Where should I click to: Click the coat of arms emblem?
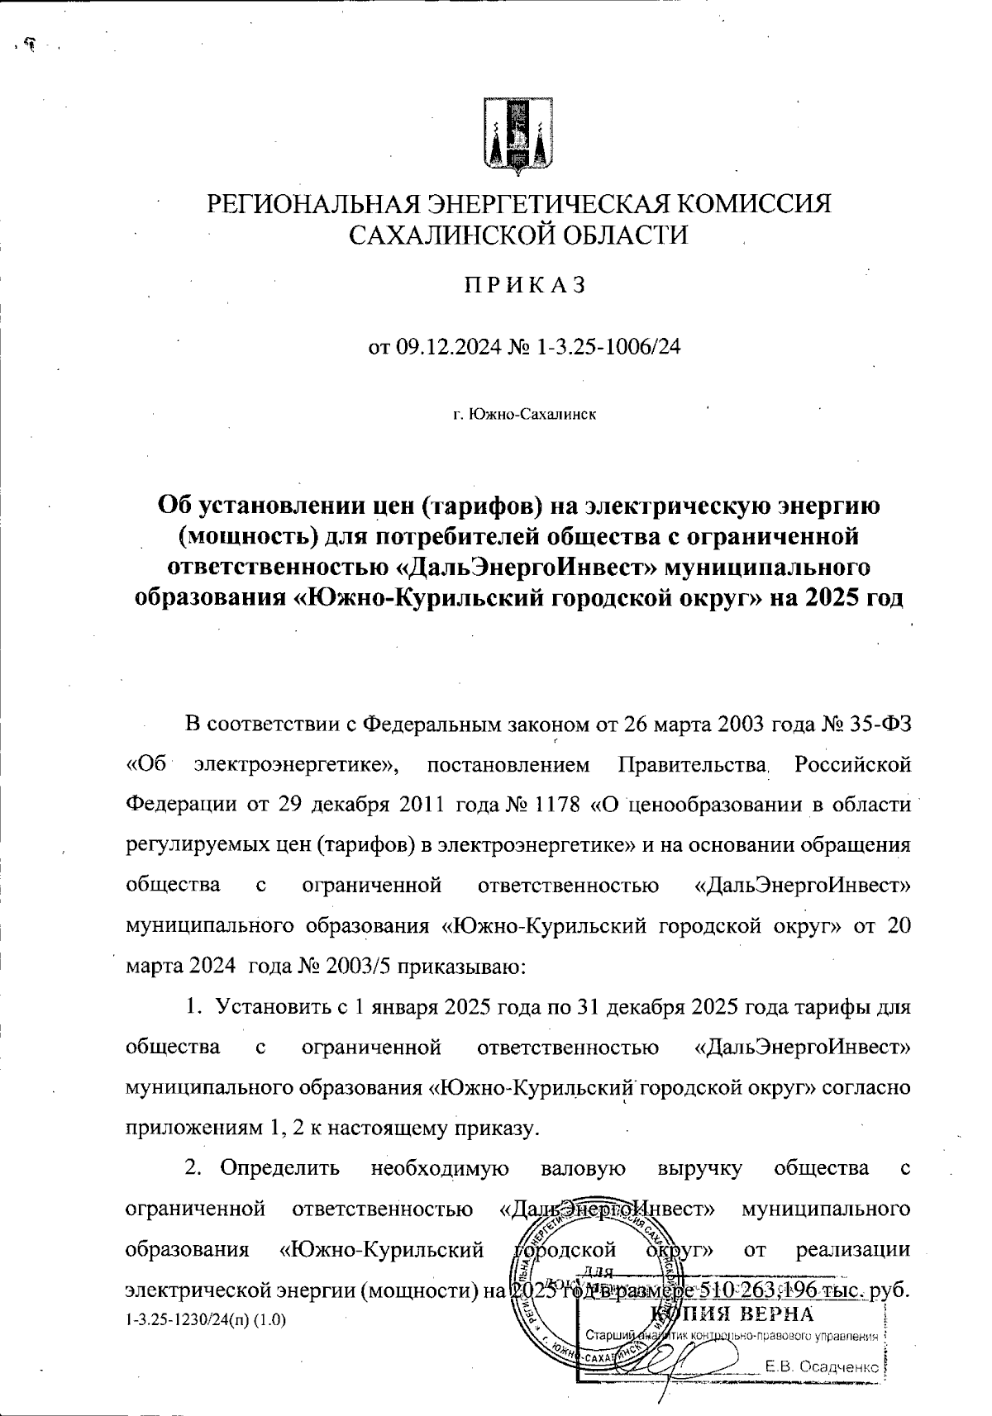click(x=517, y=137)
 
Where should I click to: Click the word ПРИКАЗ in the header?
click(x=523, y=286)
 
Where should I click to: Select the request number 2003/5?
click(x=359, y=966)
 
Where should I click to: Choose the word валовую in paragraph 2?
click(x=582, y=1168)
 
